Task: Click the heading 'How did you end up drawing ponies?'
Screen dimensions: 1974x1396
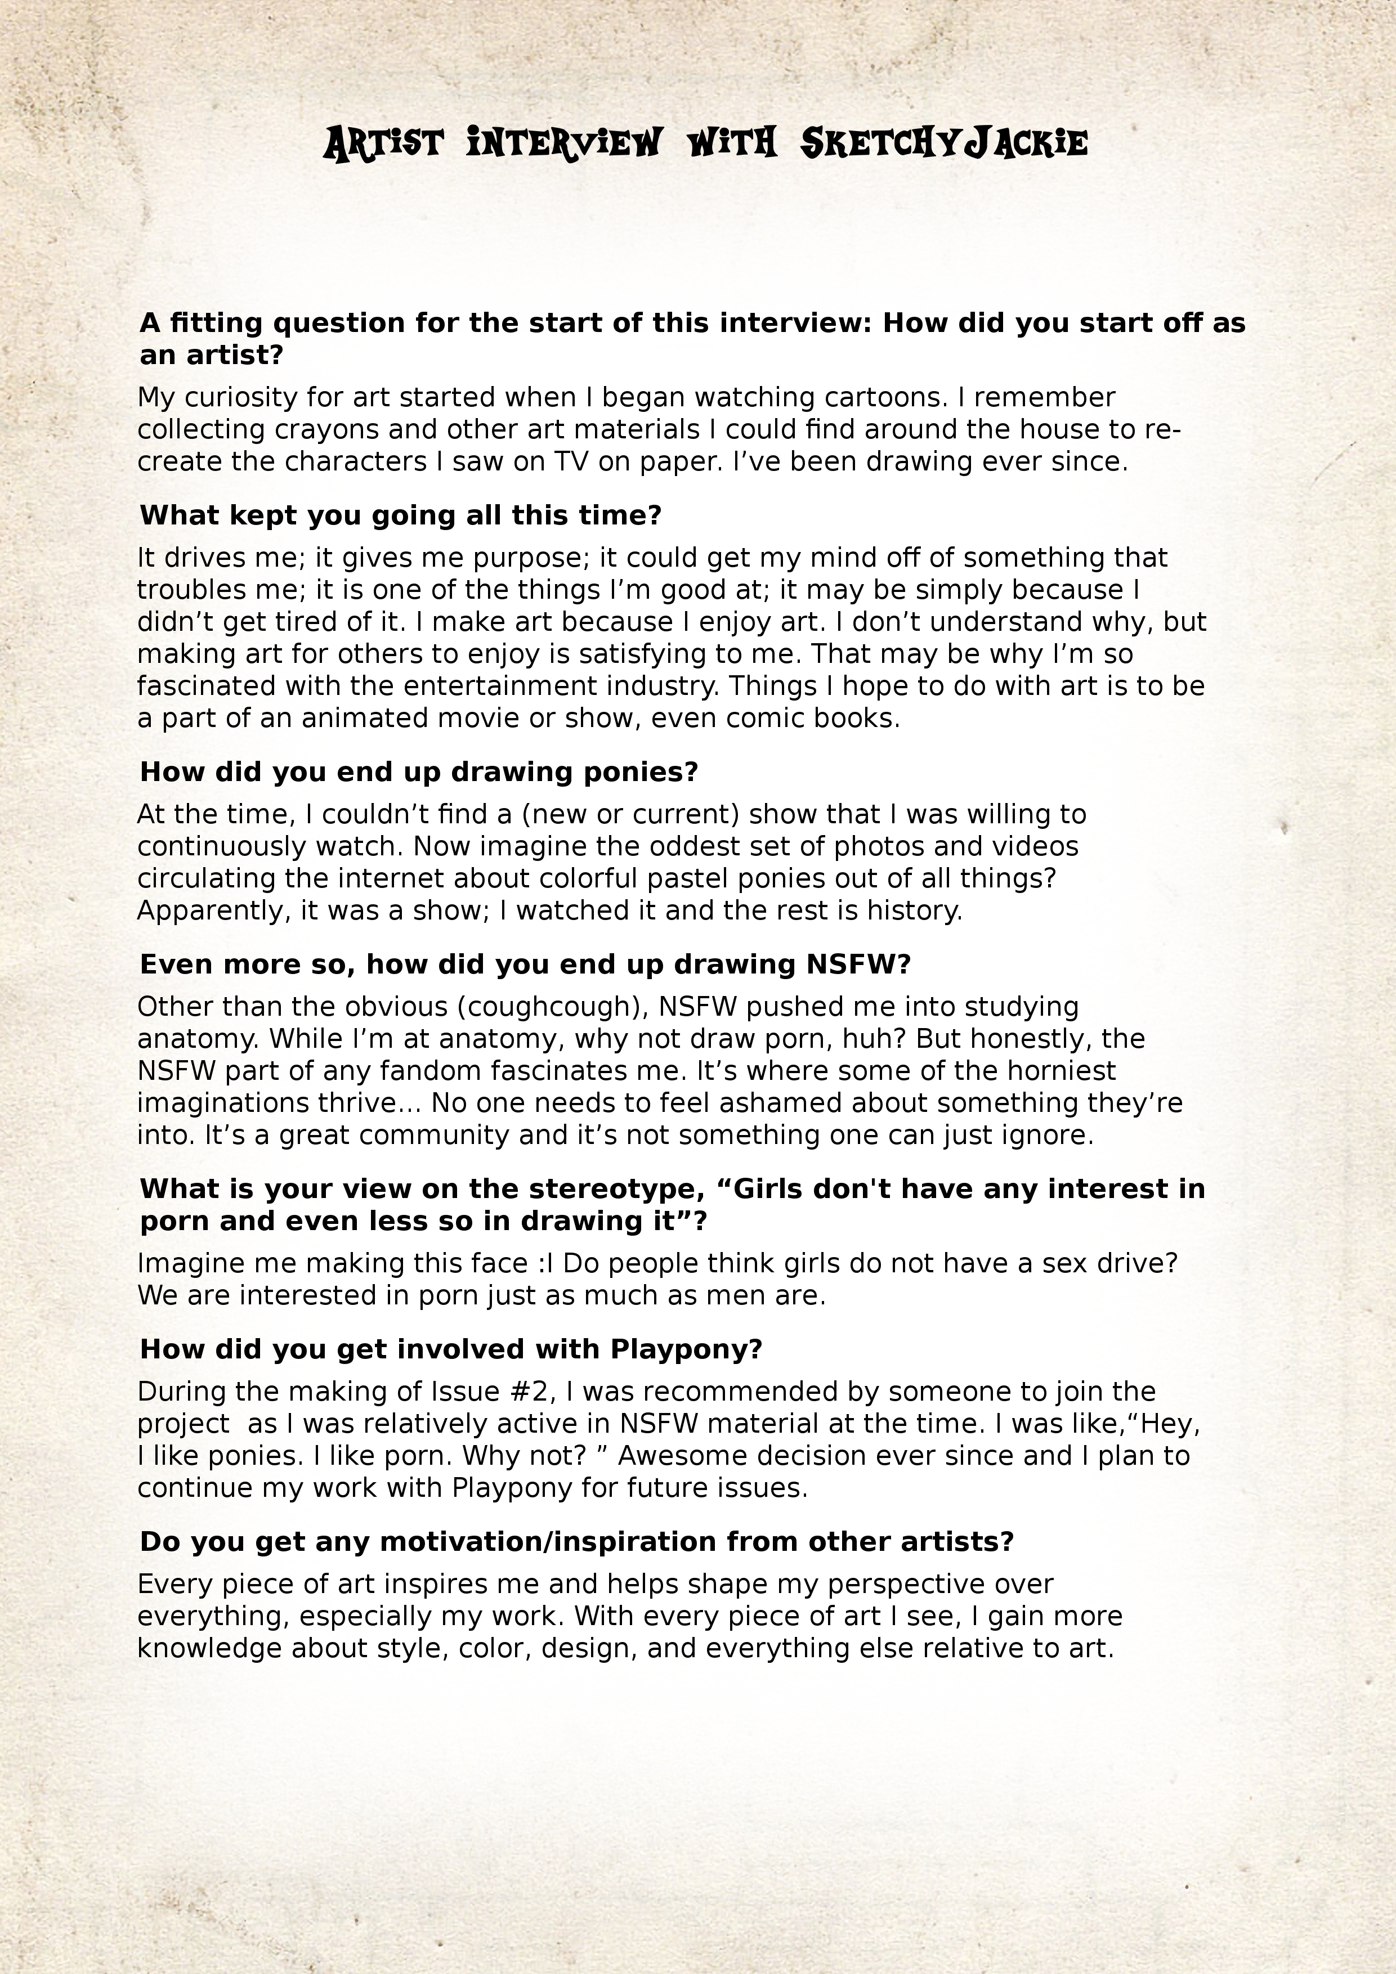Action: (418, 771)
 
